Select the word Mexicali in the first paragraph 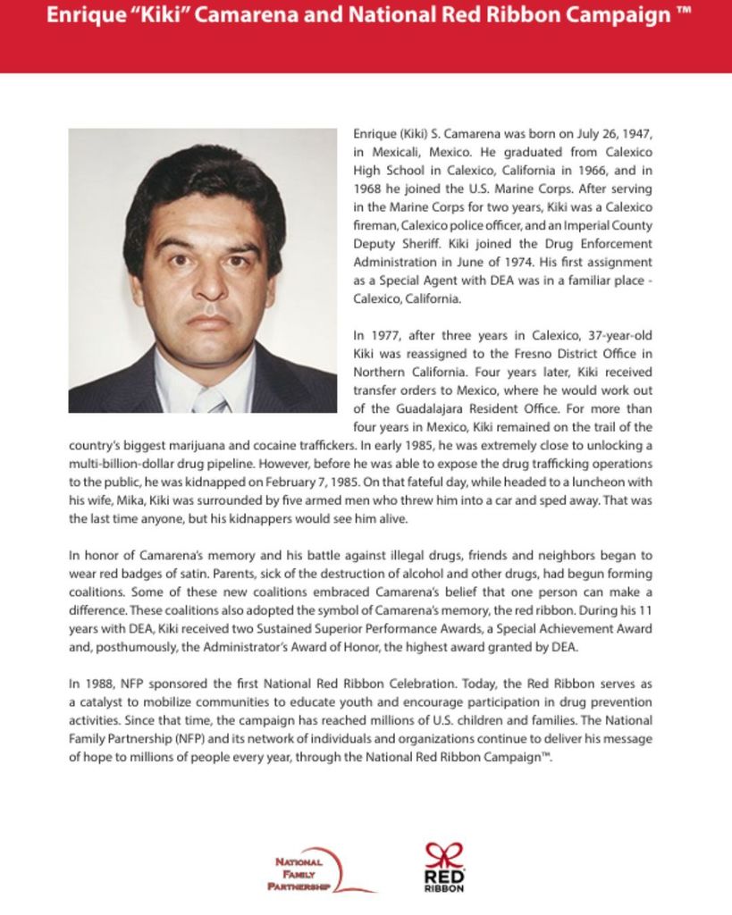396,152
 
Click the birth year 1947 636,133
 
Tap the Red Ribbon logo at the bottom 444,867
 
